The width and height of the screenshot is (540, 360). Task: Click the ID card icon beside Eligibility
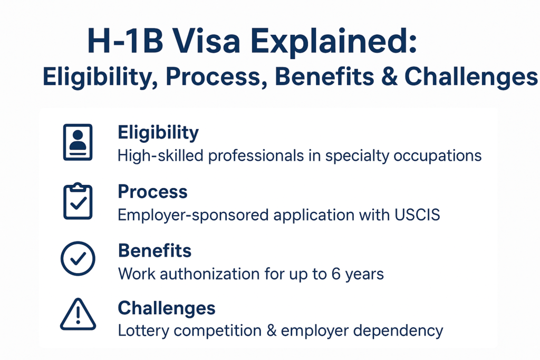click(78, 142)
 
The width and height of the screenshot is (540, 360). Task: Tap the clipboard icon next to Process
click(78, 201)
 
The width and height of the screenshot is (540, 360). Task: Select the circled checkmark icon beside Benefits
click(78, 258)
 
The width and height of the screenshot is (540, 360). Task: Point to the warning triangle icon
click(78, 314)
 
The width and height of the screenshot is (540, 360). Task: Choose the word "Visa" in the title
click(206, 41)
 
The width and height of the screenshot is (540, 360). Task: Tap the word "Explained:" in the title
click(333, 42)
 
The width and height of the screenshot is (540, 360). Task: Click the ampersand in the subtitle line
click(390, 76)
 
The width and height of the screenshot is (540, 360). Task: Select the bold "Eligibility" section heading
click(158, 133)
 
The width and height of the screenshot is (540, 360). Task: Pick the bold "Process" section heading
click(152, 191)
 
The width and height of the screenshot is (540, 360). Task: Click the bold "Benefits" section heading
click(155, 250)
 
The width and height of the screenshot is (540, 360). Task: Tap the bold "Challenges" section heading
click(167, 308)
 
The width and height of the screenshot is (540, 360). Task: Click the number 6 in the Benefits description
click(336, 274)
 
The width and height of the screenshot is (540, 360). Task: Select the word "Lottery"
click(143, 330)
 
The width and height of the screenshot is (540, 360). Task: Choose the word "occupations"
click(437, 156)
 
